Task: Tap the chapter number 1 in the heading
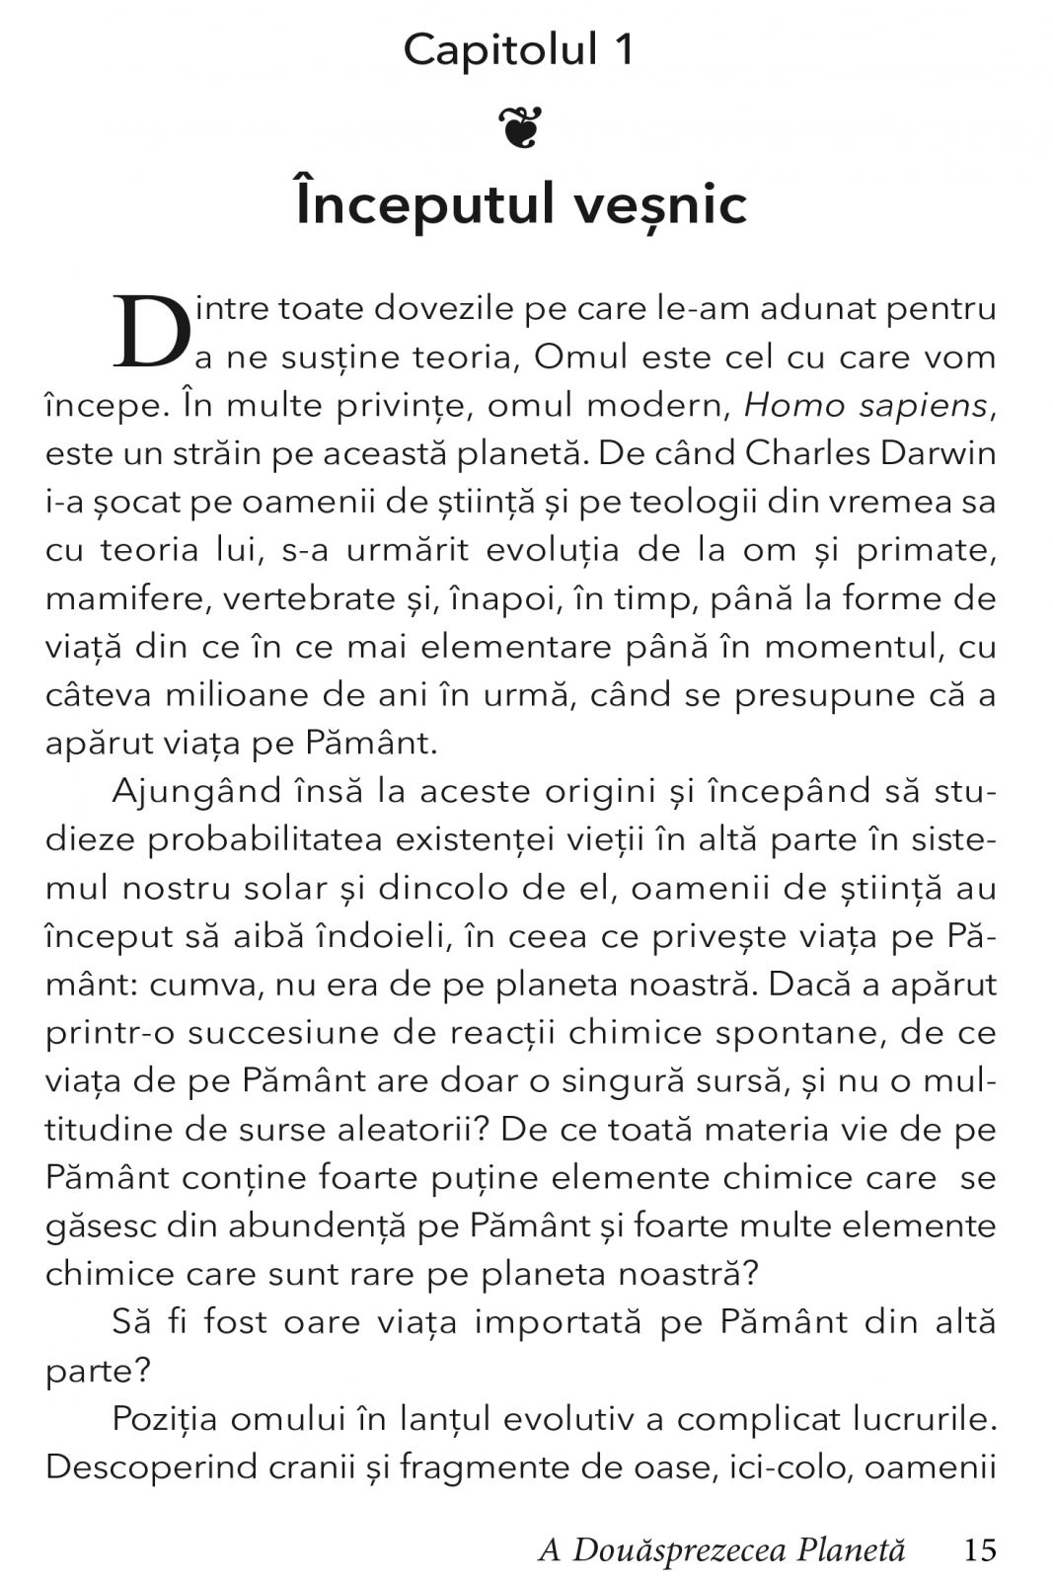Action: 623,49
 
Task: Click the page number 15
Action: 981,1550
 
